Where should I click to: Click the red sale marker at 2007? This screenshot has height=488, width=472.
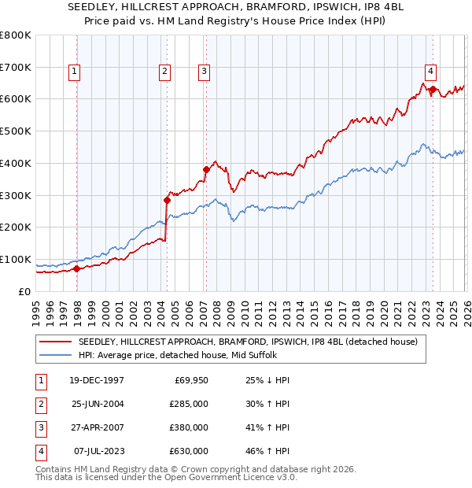206,169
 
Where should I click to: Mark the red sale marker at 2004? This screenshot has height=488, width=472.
167,200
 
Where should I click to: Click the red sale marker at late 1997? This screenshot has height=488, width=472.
77,268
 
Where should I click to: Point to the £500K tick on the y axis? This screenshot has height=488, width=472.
15,131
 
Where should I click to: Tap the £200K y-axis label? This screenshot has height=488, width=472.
15,227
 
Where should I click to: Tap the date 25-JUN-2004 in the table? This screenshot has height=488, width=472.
96,404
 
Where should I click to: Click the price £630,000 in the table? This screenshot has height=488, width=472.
189,451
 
